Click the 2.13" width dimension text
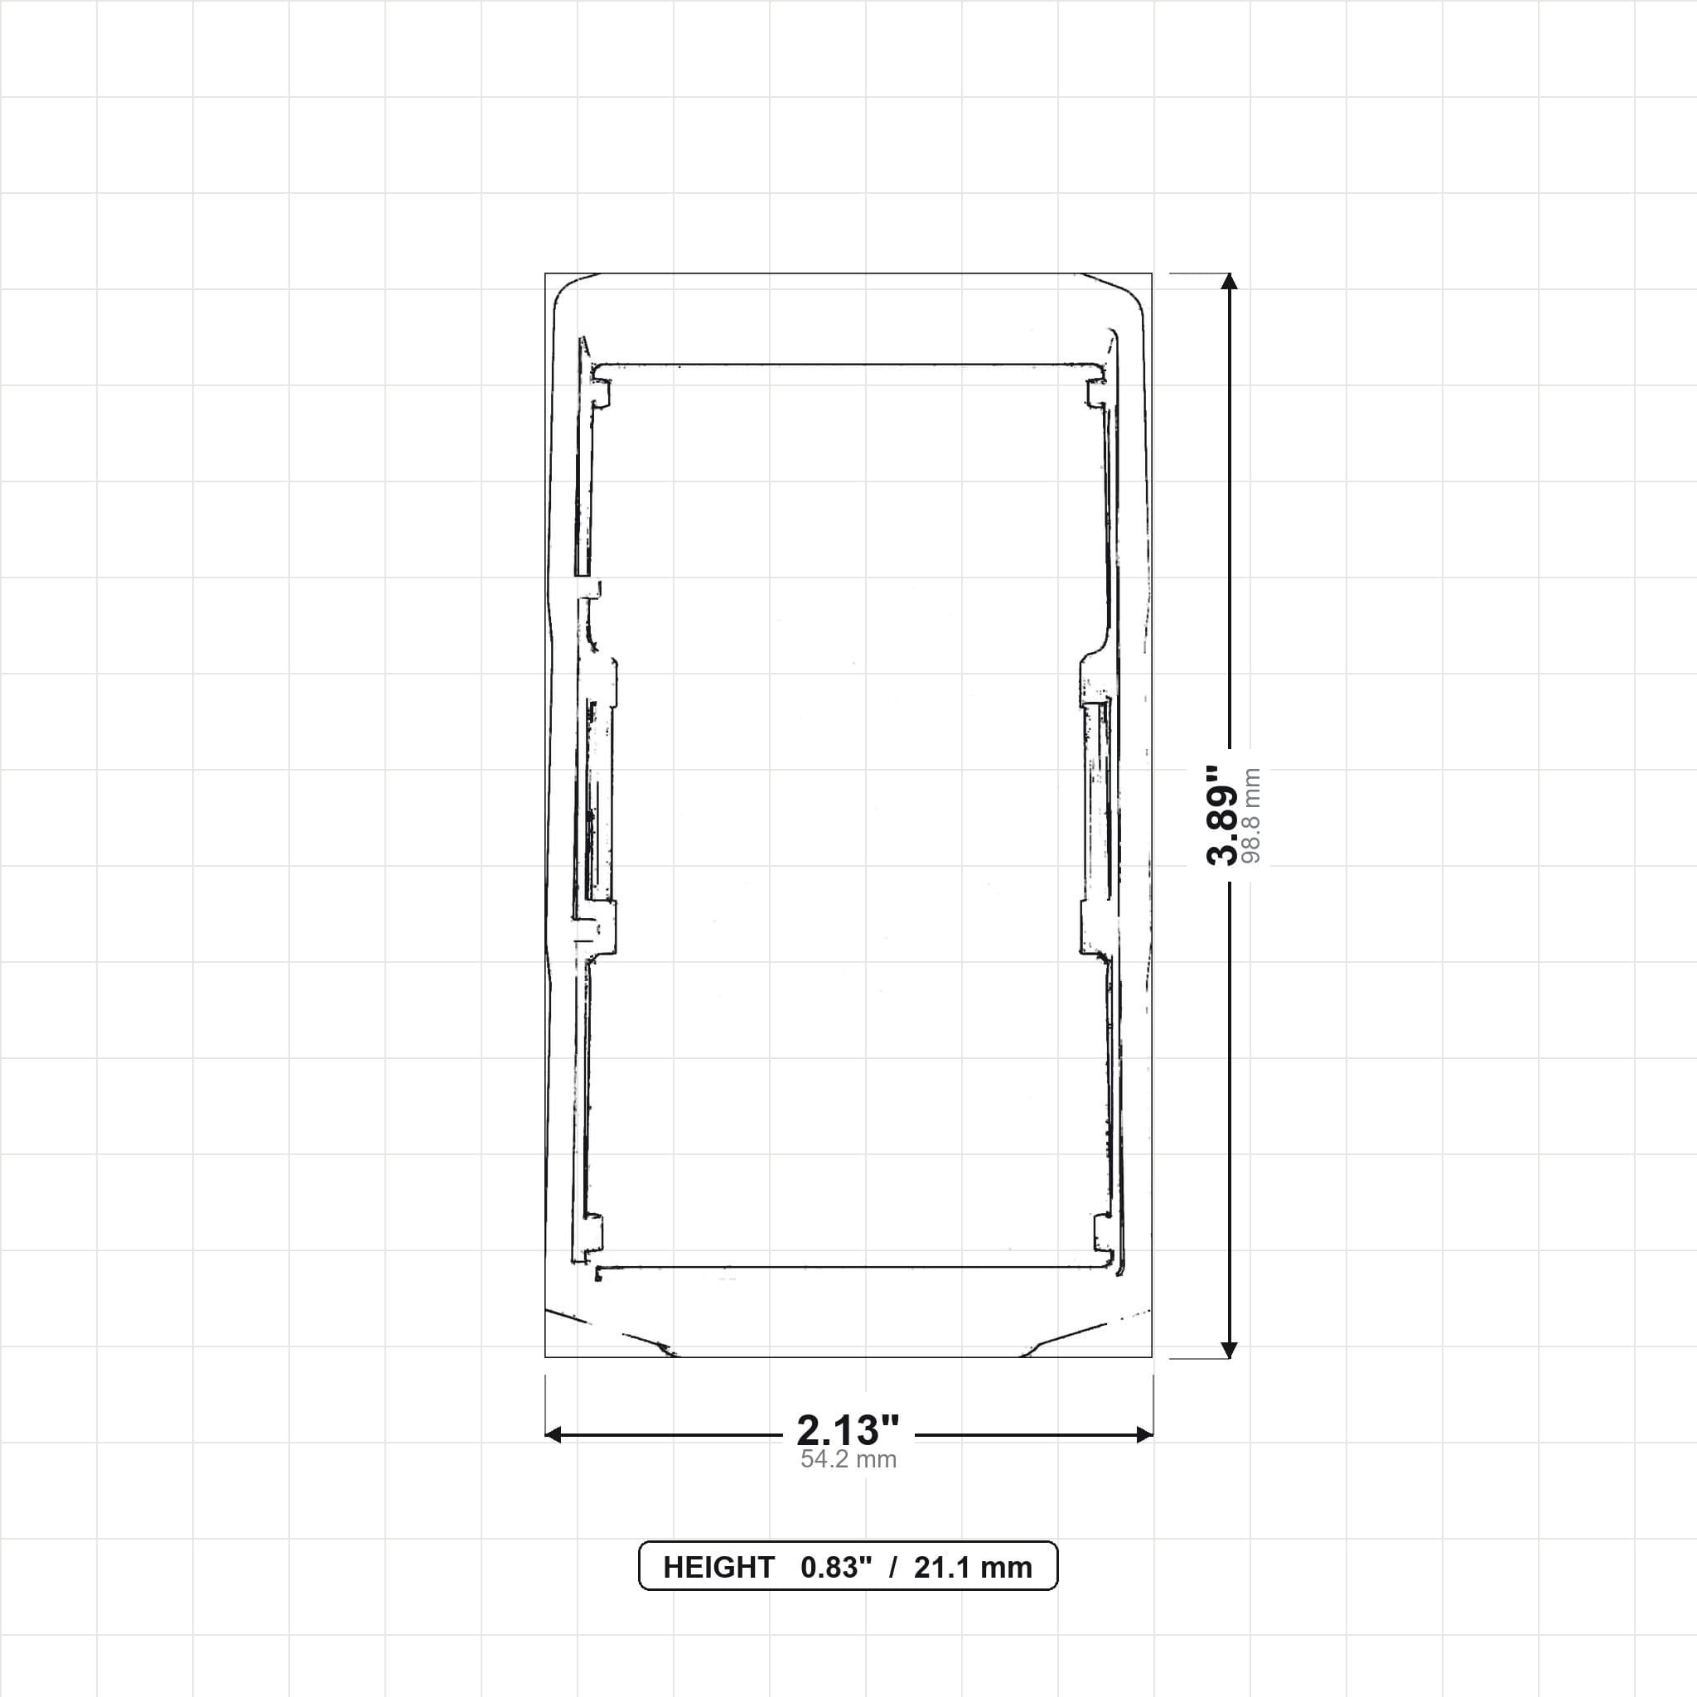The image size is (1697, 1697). (x=848, y=1431)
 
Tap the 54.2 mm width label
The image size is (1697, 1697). (x=848, y=1460)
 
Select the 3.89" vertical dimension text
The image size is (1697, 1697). (x=1222, y=815)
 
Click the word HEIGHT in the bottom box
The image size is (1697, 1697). (x=718, y=1568)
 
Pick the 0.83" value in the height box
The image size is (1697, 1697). (x=836, y=1568)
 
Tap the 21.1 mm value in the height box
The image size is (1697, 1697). (x=974, y=1568)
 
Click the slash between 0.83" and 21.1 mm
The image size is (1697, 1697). (x=893, y=1568)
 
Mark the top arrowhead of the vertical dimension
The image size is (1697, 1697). (x=1230, y=281)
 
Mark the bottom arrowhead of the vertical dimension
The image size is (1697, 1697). (x=1230, y=1350)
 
